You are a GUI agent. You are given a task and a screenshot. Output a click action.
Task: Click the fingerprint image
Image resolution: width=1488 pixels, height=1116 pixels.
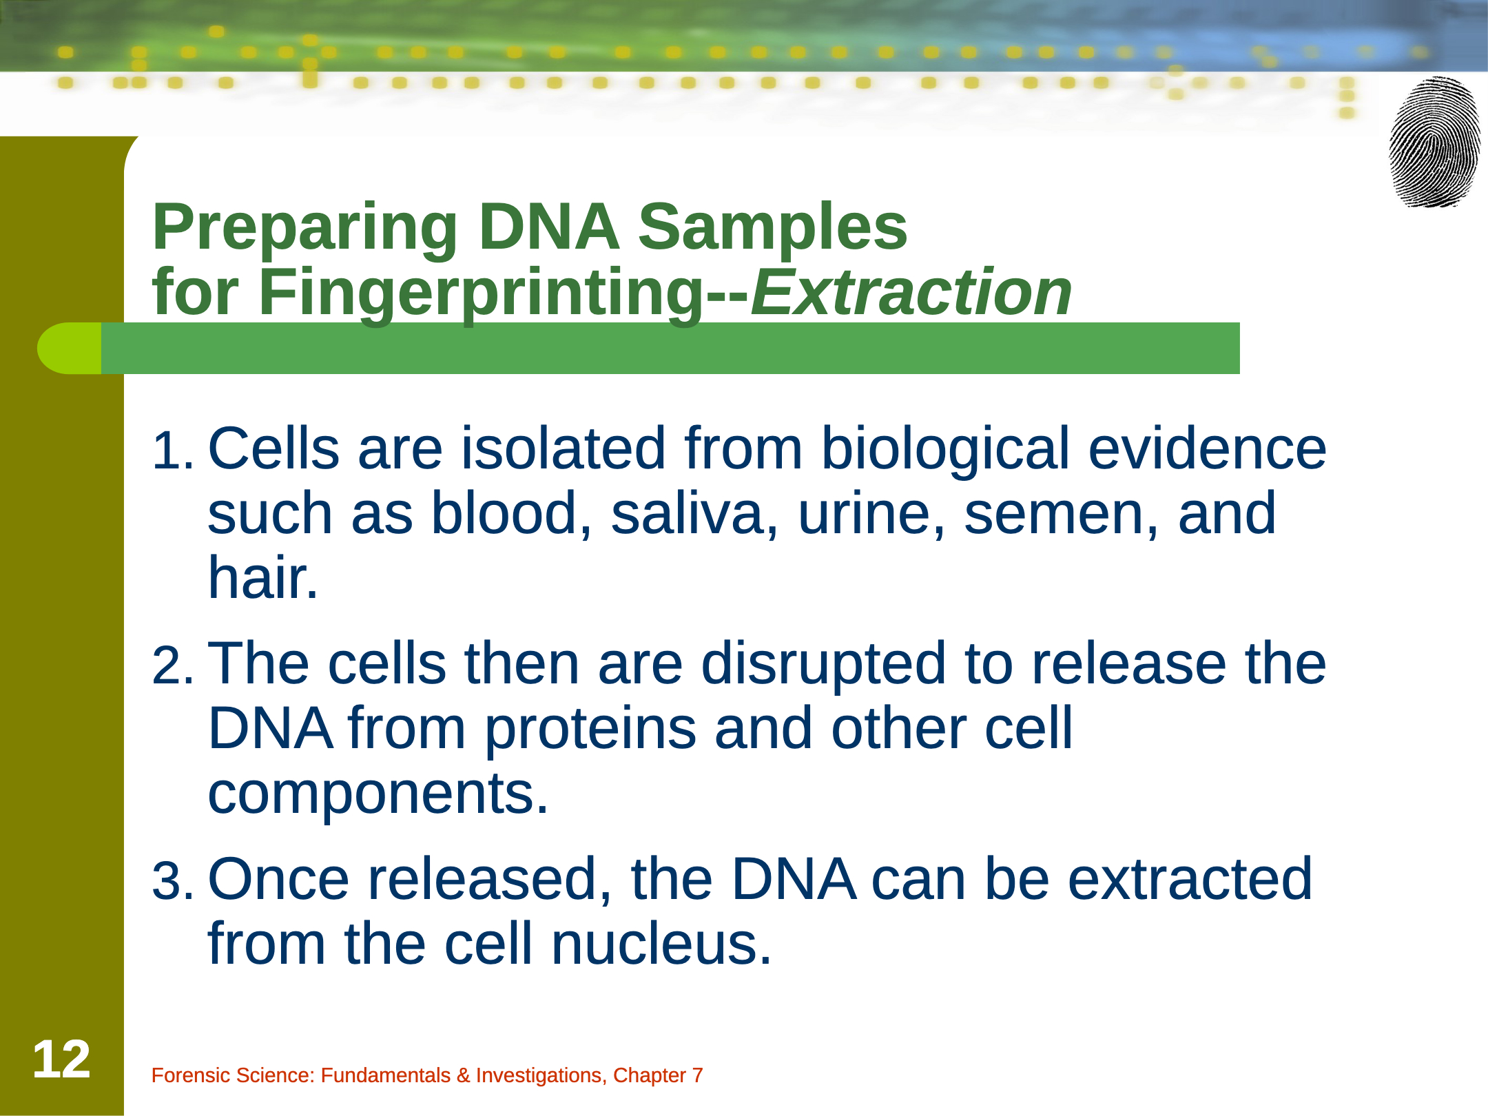click(x=1435, y=142)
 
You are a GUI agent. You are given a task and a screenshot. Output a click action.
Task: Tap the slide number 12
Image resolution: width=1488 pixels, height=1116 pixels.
click(x=61, y=1060)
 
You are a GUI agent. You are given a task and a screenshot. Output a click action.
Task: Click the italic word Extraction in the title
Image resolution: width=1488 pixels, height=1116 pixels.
click(x=911, y=292)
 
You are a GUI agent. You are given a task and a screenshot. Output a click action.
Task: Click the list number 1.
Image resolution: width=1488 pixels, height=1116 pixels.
click(x=172, y=451)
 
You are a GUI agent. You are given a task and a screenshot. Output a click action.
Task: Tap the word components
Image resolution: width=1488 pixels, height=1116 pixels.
click(x=378, y=795)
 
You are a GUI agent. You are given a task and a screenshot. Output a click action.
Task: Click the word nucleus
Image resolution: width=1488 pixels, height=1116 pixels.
click(x=661, y=944)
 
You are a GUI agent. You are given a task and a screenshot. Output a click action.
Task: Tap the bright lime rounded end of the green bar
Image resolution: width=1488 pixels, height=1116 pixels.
click(x=69, y=348)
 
